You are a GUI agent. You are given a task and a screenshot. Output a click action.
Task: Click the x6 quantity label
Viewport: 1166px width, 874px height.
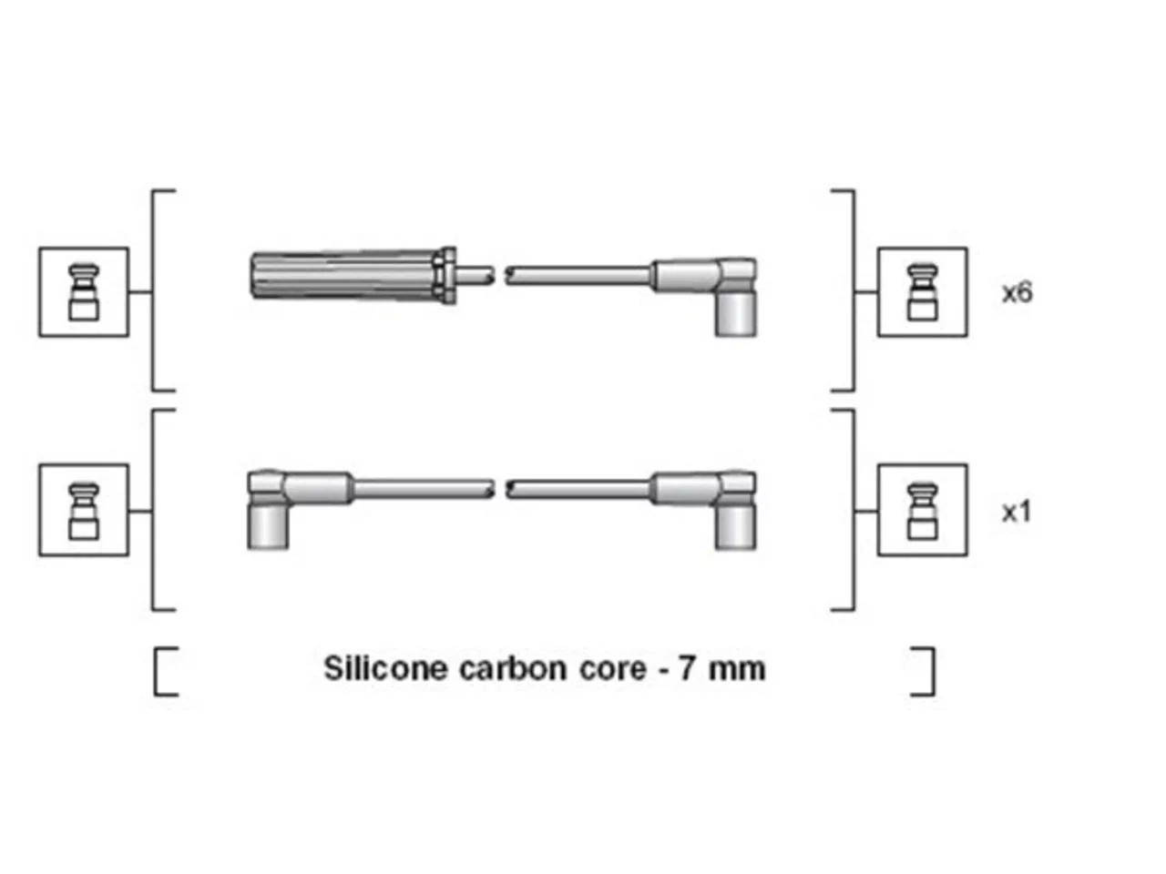point(1017,293)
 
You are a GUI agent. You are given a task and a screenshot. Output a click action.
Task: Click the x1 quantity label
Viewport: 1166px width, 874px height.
point(1016,513)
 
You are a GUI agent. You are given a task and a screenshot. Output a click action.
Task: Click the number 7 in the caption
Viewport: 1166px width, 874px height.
point(686,668)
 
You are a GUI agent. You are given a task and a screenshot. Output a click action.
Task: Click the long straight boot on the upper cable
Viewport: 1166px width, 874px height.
point(346,276)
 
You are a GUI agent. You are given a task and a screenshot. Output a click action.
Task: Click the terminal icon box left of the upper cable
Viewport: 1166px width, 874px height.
point(84,292)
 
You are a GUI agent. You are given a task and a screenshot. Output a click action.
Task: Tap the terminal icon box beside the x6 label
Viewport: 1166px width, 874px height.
point(922,292)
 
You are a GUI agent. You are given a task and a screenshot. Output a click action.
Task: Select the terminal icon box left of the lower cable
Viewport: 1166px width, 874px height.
point(84,511)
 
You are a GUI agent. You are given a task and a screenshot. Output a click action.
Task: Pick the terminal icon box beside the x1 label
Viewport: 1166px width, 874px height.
point(922,511)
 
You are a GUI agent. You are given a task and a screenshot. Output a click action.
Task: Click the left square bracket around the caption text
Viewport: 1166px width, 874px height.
point(156,671)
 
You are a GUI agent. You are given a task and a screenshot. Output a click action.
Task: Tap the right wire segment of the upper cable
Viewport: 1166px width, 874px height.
point(578,276)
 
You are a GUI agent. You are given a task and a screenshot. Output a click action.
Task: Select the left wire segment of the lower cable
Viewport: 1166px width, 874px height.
point(424,489)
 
